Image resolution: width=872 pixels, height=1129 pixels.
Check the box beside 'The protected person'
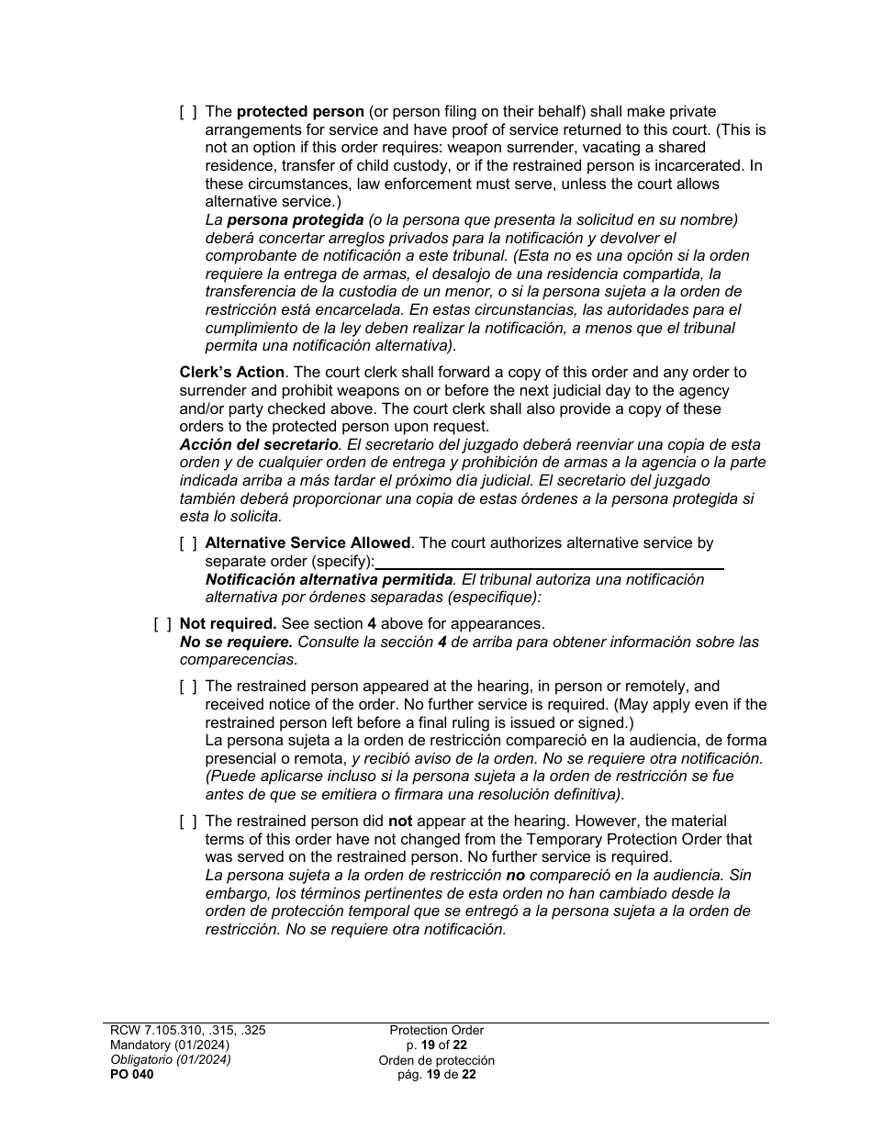pyautogui.click(x=187, y=112)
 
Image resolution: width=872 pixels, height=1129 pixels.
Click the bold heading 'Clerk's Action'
pyautogui.click(x=231, y=373)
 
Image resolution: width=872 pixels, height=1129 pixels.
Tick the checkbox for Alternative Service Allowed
pyautogui.click(x=187, y=543)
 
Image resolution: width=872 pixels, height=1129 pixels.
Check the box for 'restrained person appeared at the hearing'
pyautogui.click(x=187, y=687)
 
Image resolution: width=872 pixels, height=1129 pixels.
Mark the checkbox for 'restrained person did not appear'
pyautogui.click(x=187, y=822)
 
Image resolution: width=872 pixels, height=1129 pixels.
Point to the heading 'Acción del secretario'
pyautogui.click(x=259, y=445)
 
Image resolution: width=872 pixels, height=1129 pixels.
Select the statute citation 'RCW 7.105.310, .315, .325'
pyautogui.click(x=187, y=1031)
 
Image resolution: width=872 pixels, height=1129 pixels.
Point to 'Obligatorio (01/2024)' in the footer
pyautogui.click(x=170, y=1060)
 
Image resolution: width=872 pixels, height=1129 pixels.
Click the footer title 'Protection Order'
pyautogui.click(x=436, y=1031)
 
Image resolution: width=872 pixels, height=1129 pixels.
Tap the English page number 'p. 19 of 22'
pyautogui.click(x=436, y=1045)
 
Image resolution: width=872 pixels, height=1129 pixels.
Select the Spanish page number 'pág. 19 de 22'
pyautogui.click(x=436, y=1076)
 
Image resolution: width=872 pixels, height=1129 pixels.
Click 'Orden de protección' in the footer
pyautogui.click(x=436, y=1061)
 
